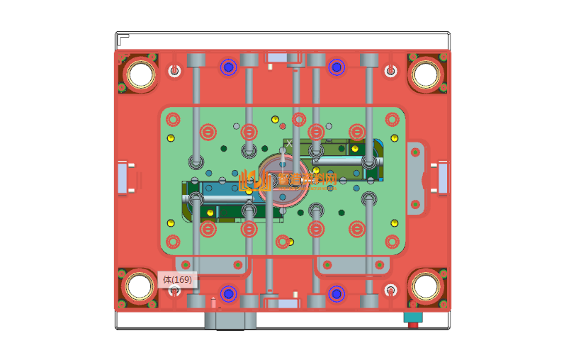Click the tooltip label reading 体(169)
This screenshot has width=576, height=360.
[177, 280]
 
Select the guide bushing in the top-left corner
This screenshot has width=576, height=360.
[140, 73]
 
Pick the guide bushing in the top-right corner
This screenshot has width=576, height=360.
[426, 73]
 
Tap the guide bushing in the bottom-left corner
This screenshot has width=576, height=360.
[140, 287]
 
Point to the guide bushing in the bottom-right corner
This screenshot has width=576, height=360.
[426, 287]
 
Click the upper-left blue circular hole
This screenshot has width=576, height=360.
[228, 67]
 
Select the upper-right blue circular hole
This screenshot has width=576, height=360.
[337, 67]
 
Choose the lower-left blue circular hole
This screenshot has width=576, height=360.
[228, 293]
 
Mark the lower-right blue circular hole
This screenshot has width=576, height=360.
[337, 293]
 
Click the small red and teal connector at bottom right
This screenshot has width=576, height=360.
[412, 318]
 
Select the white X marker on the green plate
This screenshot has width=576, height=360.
[288, 143]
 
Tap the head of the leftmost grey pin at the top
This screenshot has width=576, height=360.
[196, 60]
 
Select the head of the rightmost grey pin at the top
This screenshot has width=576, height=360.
[369, 60]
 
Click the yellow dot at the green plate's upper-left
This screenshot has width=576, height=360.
[170, 137]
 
